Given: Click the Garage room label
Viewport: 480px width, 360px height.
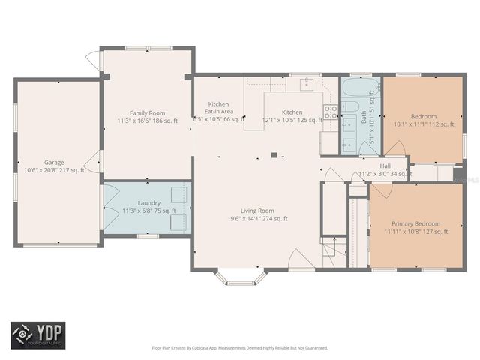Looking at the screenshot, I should pos(53,166).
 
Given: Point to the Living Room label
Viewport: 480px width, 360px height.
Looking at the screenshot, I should pos(257,214).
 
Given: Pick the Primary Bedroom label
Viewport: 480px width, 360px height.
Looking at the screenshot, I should pos(415,227).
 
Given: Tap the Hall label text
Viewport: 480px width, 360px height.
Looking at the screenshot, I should pos(385,170).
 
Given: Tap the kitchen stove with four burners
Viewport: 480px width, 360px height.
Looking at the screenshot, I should pos(330,112).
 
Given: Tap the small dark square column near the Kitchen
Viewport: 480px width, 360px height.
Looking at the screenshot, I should pos(274,155).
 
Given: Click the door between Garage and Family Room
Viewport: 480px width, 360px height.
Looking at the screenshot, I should pos(96,160).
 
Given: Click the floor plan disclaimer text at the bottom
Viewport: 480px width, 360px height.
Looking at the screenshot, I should pos(240,347).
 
